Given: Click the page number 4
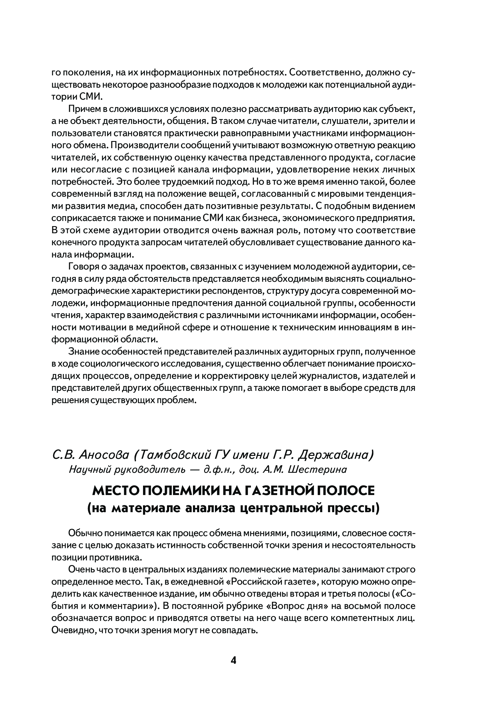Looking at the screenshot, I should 234,660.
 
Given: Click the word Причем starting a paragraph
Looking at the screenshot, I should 84,109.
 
